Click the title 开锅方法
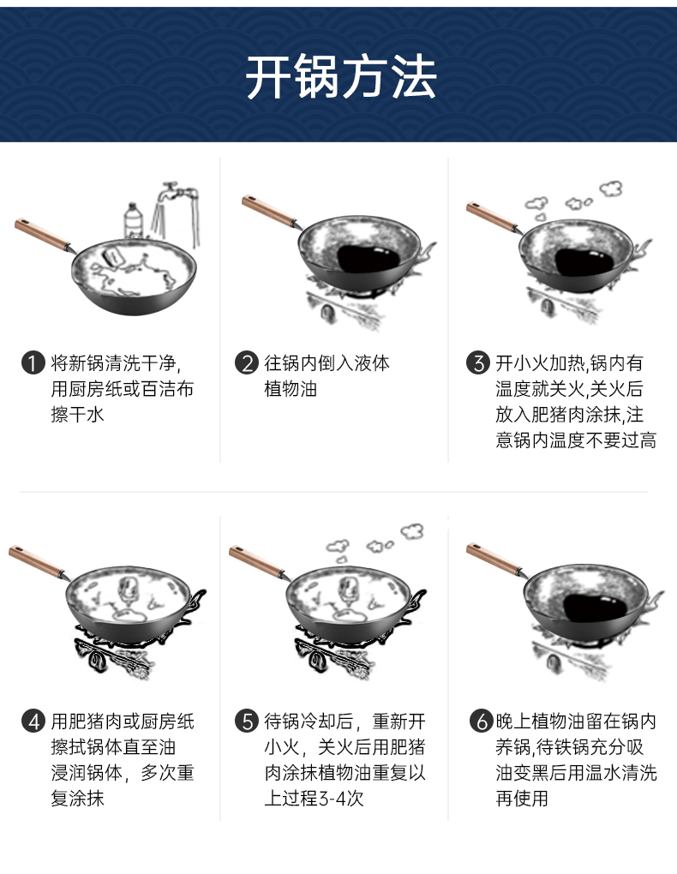tap(341, 77)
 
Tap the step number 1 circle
tap(33, 363)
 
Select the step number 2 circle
tap(246, 363)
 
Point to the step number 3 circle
tap(478, 363)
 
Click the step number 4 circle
tap(33, 721)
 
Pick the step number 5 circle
tap(246, 721)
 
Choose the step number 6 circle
tap(481, 721)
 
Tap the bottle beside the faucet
tap(134, 221)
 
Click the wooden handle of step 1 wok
tap(41, 235)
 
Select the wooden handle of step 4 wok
tap(35, 562)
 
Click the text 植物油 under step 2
tap(291, 388)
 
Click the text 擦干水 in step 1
tap(77, 414)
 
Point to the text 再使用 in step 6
tap(522, 799)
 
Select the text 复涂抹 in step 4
tap(77, 799)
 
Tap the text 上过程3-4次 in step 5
tap(314, 799)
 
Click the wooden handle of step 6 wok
tap(494, 559)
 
